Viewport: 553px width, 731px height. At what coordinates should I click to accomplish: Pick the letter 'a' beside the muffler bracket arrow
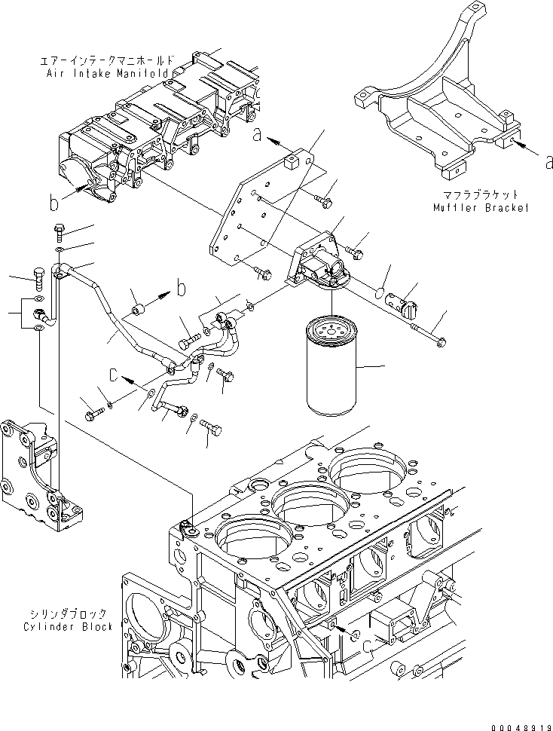[x=549, y=159]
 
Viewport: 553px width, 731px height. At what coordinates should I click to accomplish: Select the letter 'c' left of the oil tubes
[x=113, y=373]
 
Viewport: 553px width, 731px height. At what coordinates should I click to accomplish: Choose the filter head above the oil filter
[x=320, y=260]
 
